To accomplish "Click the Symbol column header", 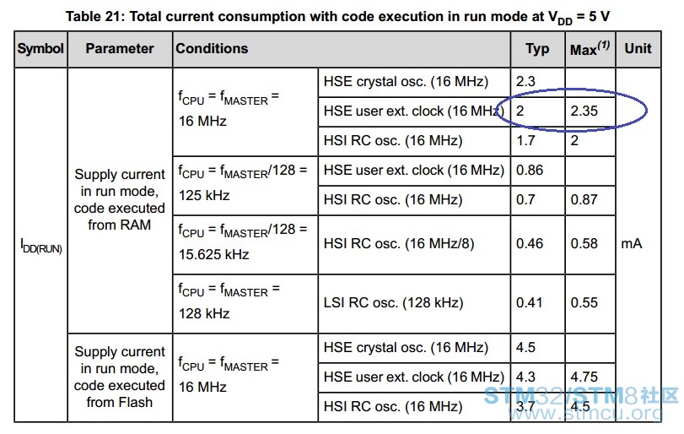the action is coord(40,48).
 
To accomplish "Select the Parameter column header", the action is coord(120,48).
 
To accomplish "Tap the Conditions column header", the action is coord(212,48).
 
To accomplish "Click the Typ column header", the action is coord(537,49).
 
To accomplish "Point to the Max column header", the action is coord(590,48).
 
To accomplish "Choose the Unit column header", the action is coord(638,48).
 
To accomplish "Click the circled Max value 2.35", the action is coord(584,111).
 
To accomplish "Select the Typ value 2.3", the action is coord(525,81).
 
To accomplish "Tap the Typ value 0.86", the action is coord(529,170).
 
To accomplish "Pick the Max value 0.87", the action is coord(584,199).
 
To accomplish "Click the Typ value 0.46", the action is coord(529,244).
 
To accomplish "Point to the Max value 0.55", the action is coord(584,302).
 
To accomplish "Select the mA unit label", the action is coord(631,244).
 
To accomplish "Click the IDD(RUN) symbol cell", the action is coord(41,246).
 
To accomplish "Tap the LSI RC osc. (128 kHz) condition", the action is coord(393,302).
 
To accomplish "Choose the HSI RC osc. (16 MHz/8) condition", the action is coord(399,244).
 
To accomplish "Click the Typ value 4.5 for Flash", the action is coord(525,348).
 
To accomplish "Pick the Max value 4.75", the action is coord(584,377).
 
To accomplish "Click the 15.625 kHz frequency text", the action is coord(213,254).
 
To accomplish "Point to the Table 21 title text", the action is coord(337,17).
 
